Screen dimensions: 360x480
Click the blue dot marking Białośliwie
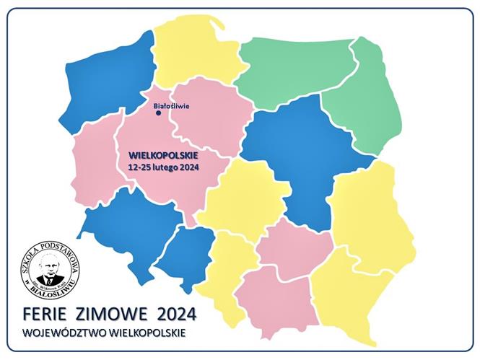coord(158,113)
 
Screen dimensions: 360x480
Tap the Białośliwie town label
coord(172,105)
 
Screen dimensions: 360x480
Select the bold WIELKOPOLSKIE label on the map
coord(163,154)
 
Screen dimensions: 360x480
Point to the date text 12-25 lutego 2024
coord(163,166)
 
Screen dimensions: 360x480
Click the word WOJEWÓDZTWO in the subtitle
coord(62,333)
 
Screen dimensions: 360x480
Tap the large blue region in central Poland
coord(303,159)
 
